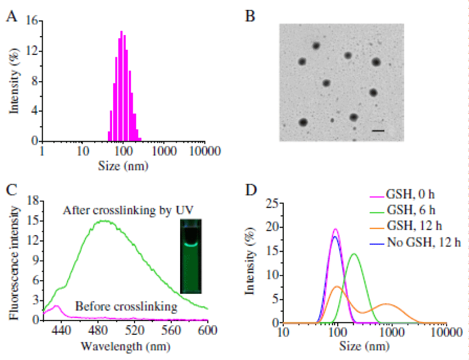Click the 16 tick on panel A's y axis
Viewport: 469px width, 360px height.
(x=32, y=22)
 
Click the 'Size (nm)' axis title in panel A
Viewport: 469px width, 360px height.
(x=122, y=165)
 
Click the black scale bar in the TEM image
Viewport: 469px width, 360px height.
(x=378, y=131)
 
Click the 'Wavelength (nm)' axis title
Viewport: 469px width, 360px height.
(x=125, y=347)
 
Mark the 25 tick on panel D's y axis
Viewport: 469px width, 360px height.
(x=270, y=203)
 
